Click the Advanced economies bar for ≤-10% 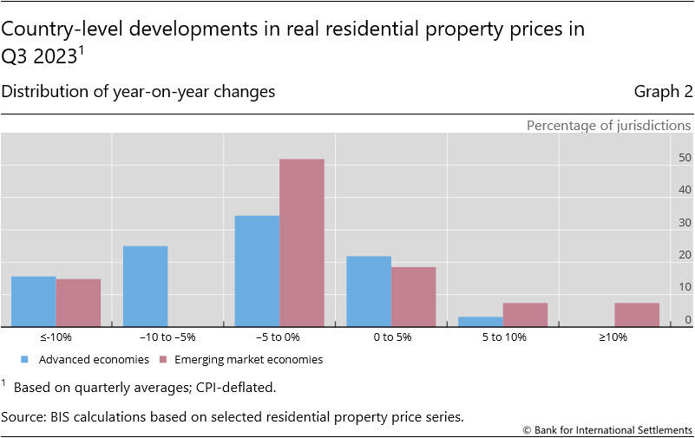(34, 302)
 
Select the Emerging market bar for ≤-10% (78, 303)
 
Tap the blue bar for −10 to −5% (146, 286)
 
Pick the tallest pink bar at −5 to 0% (302, 243)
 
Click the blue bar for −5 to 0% (257, 271)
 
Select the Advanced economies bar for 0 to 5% (369, 291)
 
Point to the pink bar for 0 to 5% (414, 297)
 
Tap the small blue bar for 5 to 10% (481, 322)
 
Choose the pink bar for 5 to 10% (525, 315)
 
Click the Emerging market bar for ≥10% (637, 315)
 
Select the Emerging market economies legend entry (248, 359)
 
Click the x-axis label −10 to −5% (167, 337)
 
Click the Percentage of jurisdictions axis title (608, 125)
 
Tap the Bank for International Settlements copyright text (607, 430)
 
